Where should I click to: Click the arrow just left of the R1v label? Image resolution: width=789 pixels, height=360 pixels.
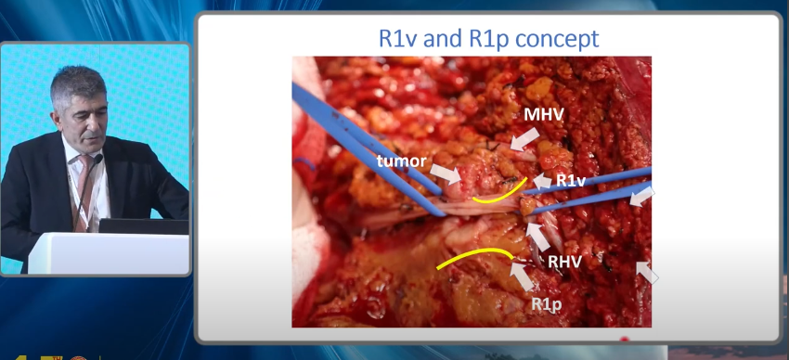(x=542, y=182)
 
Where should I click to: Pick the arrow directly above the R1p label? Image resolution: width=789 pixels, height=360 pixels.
(x=523, y=276)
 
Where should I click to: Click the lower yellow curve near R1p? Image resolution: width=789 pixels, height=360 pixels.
(x=472, y=258)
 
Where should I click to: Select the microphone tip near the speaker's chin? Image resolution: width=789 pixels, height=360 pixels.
(x=97, y=159)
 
